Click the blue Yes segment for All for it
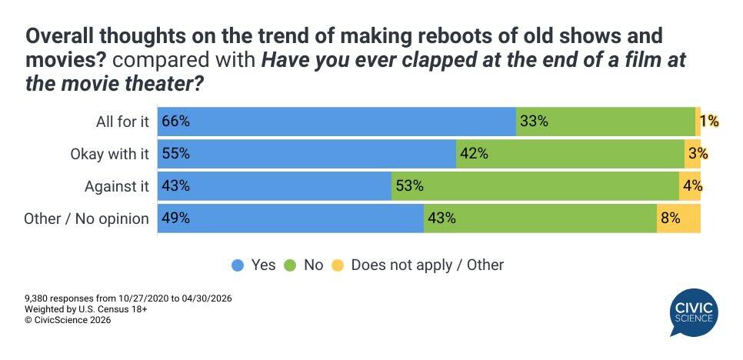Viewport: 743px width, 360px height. coord(337,122)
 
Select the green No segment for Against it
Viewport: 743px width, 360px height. coord(535,186)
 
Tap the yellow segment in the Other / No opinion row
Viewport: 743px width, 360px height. coord(678,218)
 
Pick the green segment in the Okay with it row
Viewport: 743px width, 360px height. coord(570,154)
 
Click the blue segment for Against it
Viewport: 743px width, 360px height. coord(275,186)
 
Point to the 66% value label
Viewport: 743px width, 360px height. coord(175,122)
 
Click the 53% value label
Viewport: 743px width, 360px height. coord(409,186)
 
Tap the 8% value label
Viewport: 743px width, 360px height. coord(670,218)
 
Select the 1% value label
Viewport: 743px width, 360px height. coord(708,122)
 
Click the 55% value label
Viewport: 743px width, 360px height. coord(175,154)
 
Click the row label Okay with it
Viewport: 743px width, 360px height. coord(108,154)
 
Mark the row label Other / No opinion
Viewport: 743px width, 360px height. coord(86,218)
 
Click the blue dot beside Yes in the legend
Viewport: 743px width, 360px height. coord(238,265)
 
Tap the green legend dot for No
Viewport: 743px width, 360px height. coord(292,265)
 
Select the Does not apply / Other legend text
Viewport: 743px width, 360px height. coord(427,265)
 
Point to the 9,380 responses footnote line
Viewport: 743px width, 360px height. coord(128,298)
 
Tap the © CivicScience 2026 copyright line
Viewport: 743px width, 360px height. coord(68,321)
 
